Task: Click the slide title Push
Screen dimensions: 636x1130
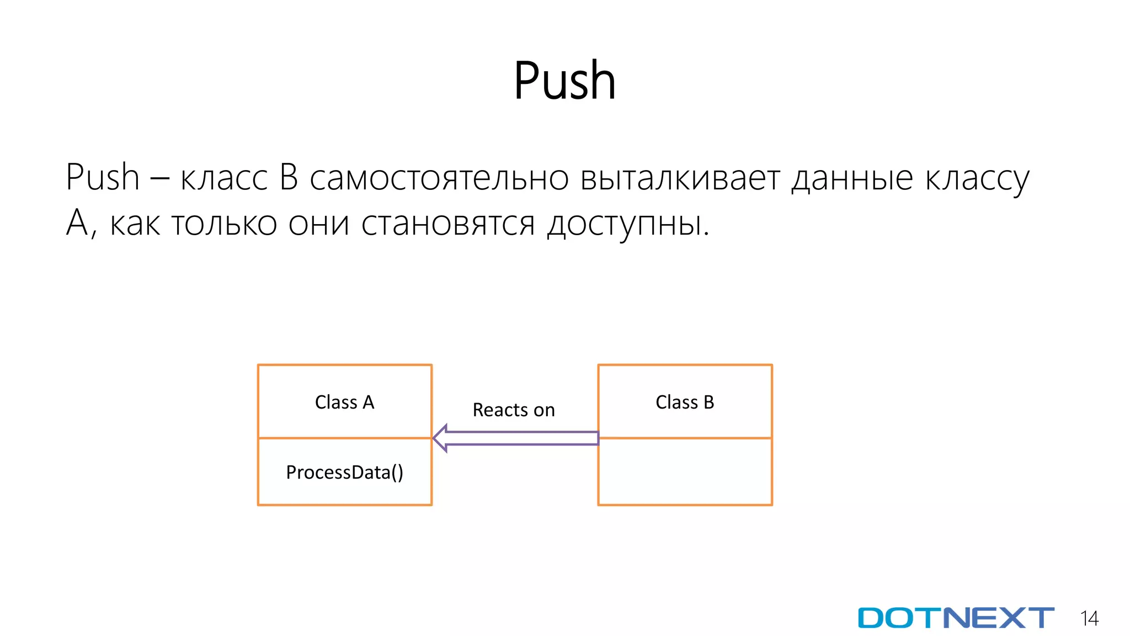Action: [x=564, y=81]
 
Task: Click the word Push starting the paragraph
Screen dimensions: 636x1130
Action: [x=103, y=178]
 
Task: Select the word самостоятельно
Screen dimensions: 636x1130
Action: [x=439, y=179]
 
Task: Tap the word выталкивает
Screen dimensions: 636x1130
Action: [x=680, y=179]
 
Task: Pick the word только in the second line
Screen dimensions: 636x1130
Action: [x=224, y=224]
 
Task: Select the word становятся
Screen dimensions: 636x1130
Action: [x=448, y=224]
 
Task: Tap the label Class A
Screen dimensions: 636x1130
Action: [x=344, y=402]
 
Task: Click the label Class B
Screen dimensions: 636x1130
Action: [x=685, y=402]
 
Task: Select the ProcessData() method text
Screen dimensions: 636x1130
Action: [x=344, y=473]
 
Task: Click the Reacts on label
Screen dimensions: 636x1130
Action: [x=514, y=410]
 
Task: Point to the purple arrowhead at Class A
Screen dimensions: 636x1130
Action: [x=440, y=438]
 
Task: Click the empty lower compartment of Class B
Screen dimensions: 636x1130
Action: [x=685, y=472]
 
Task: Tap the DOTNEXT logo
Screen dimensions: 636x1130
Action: [x=956, y=618]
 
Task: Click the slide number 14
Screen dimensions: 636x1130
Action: [x=1089, y=618]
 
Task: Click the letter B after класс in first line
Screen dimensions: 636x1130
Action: [x=289, y=178]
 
